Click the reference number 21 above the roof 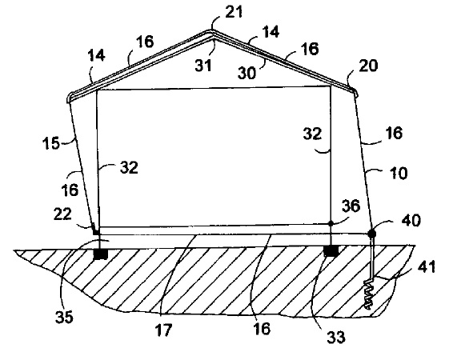point(234,14)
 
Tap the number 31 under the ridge point(202,66)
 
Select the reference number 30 point(247,73)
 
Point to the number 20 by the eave point(368,66)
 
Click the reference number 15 point(51,143)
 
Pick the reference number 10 point(399,173)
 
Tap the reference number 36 point(351,206)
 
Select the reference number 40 point(411,221)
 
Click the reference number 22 point(62,214)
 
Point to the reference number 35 point(64,317)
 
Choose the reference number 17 point(163,330)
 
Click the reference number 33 point(336,337)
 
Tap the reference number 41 point(427,266)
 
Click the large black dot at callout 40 point(371,234)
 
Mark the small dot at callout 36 point(331,223)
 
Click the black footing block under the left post point(101,254)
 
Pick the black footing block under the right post point(331,251)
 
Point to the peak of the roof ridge point(210,30)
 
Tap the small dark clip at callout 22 point(95,231)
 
